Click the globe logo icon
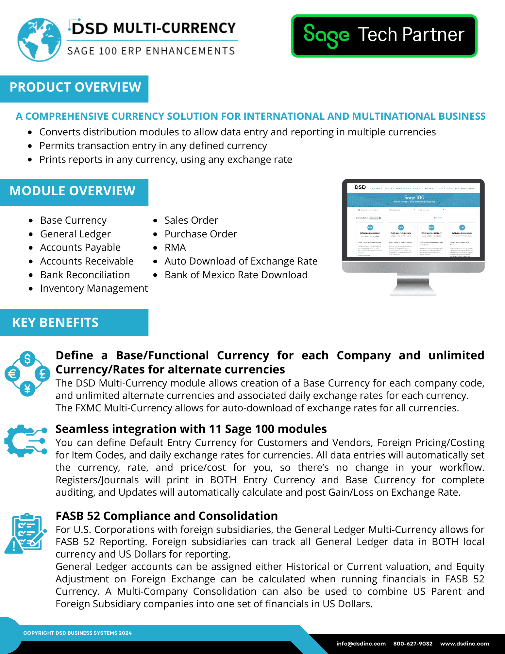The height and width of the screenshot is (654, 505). (39, 40)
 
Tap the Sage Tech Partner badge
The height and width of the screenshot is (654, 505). (384, 36)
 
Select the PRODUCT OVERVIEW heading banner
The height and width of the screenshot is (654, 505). (75, 88)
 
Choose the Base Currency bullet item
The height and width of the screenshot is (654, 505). (73, 220)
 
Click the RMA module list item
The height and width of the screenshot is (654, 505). (175, 248)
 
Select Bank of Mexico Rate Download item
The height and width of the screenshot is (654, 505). (236, 275)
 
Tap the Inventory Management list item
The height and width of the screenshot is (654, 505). (94, 288)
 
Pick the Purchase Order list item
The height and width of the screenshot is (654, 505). (201, 234)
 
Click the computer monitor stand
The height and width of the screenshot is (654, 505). (413, 284)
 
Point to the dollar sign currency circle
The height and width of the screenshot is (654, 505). (27, 359)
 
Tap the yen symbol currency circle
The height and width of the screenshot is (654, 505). (27, 389)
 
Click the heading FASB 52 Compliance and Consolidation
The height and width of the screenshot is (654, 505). (167, 516)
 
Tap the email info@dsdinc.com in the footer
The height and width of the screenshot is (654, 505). (361, 644)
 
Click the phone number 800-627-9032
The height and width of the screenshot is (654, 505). (413, 644)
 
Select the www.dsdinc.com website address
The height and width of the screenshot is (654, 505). (464, 644)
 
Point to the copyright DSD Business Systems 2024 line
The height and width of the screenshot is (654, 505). (77, 633)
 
